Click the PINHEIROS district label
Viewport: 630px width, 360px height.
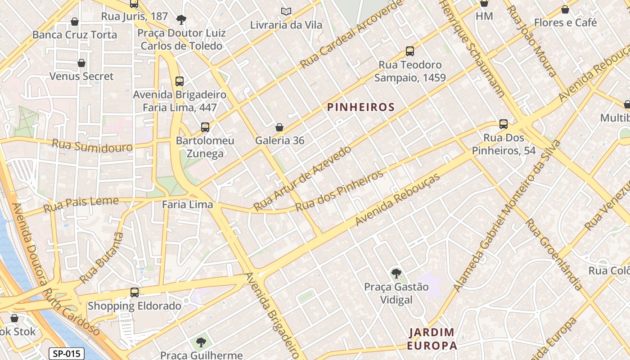tap(360, 107)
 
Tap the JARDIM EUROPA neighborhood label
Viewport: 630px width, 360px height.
tap(432, 339)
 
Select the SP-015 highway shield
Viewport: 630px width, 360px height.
tap(67, 353)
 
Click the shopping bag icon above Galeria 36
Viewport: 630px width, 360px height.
tap(279, 127)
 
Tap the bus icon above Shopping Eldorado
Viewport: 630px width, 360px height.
tap(134, 292)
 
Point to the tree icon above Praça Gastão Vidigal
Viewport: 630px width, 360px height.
tap(396, 273)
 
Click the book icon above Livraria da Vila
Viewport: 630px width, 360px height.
tap(286, 11)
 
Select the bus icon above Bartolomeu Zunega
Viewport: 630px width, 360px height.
tap(205, 127)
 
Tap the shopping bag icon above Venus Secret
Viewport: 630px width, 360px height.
tap(81, 63)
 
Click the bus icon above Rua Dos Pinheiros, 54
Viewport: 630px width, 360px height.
tap(504, 124)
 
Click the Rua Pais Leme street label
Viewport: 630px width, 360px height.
tap(81, 205)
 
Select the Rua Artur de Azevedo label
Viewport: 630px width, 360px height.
tap(302, 178)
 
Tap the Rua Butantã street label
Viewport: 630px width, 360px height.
tap(101, 258)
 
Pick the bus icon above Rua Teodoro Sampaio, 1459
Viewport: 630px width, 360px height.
tap(409, 51)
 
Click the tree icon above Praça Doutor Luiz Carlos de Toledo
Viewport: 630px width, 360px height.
tap(181, 19)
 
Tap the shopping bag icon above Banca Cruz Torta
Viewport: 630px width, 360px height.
tap(75, 22)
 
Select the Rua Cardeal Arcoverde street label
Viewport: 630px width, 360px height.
tap(351, 34)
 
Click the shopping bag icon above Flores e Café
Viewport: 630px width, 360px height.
tap(565, 9)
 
